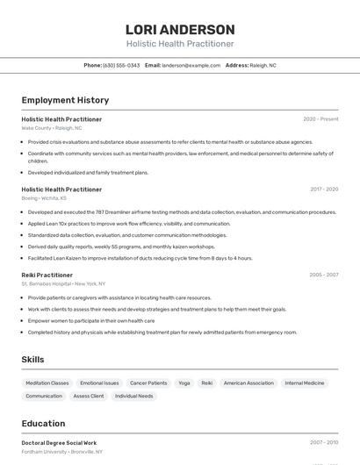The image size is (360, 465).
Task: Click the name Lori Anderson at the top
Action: pyautogui.click(x=180, y=29)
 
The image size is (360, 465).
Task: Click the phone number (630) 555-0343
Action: pyautogui.click(x=121, y=65)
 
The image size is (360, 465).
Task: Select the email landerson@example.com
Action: pyautogui.click(x=191, y=65)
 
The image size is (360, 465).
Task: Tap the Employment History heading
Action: pyautogui.click(x=65, y=101)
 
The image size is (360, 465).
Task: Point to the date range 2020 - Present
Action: pyautogui.click(x=320, y=119)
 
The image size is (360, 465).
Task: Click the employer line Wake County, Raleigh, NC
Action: pyautogui.click(x=52, y=127)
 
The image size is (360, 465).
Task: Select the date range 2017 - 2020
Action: pyautogui.click(x=323, y=189)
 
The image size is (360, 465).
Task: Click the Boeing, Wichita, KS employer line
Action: pyautogui.click(x=44, y=197)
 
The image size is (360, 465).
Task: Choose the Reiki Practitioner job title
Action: pyautogui.click(x=47, y=275)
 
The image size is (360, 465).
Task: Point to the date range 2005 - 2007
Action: pyautogui.click(x=323, y=275)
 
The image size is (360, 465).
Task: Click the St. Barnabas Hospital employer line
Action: pyautogui.click(x=63, y=283)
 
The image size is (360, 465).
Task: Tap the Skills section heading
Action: pyautogui.click(x=33, y=360)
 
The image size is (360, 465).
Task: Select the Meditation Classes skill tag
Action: pyautogui.click(x=47, y=383)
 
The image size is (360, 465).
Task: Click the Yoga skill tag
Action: pyautogui.click(x=184, y=383)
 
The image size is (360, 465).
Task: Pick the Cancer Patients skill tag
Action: pyautogui.click(x=148, y=383)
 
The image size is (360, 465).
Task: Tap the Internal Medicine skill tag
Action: pyautogui.click(x=305, y=383)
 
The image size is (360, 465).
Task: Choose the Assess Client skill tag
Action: pyautogui.click(x=88, y=396)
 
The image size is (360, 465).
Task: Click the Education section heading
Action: pyautogui.click(x=43, y=424)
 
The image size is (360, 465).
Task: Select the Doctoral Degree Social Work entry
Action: pyautogui.click(x=59, y=443)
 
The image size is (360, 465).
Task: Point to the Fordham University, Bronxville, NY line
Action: pyautogui.click(x=61, y=452)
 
